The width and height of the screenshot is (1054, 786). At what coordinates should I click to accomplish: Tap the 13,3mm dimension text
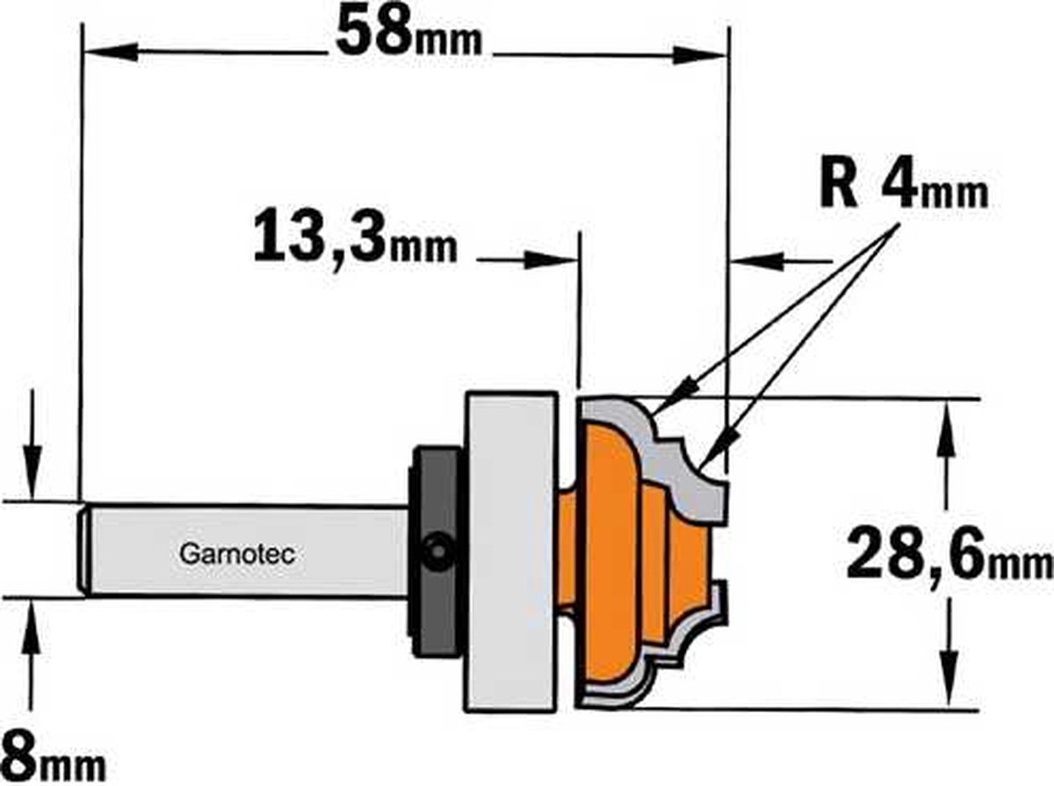(355, 239)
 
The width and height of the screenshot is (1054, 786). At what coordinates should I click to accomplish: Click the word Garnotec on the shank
(236, 554)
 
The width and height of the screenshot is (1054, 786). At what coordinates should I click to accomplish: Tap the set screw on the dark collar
(434, 552)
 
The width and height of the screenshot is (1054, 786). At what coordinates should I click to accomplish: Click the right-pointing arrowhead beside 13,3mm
(550, 260)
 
